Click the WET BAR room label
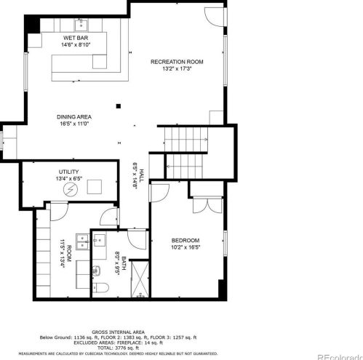point(75,37)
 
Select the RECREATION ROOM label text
point(176,62)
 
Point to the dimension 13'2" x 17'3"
point(176,69)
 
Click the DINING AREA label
point(74,116)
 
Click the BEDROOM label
point(186,240)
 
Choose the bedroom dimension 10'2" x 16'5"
point(186,247)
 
